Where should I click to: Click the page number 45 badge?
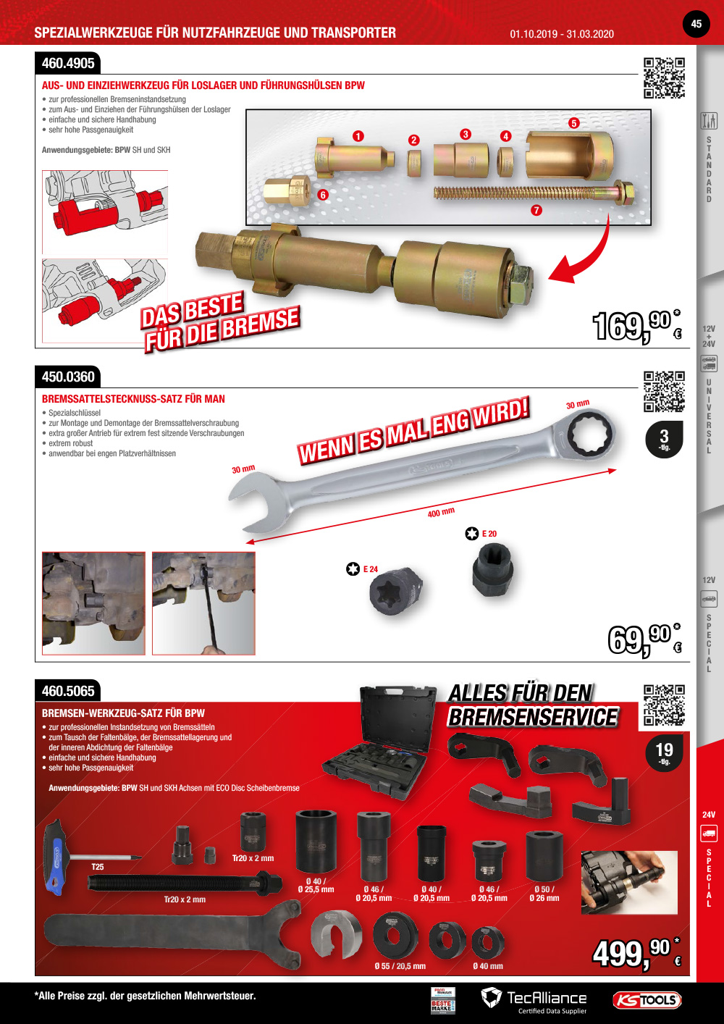click(x=696, y=24)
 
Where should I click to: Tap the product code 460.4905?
click(x=68, y=64)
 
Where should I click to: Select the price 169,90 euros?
click(x=636, y=325)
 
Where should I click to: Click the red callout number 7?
click(x=536, y=211)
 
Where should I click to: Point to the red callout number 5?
click(x=574, y=123)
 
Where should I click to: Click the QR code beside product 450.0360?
click(x=664, y=392)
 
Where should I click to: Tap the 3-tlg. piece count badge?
click(x=664, y=439)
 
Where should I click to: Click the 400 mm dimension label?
click(x=441, y=513)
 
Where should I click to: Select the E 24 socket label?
click(x=370, y=569)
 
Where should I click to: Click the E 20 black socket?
click(x=493, y=570)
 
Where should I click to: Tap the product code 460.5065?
click(x=68, y=691)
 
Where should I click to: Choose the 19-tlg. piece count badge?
click(x=664, y=752)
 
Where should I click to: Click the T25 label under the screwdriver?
click(x=98, y=867)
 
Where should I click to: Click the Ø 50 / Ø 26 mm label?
click(x=544, y=894)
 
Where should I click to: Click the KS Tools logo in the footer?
click(x=647, y=1000)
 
